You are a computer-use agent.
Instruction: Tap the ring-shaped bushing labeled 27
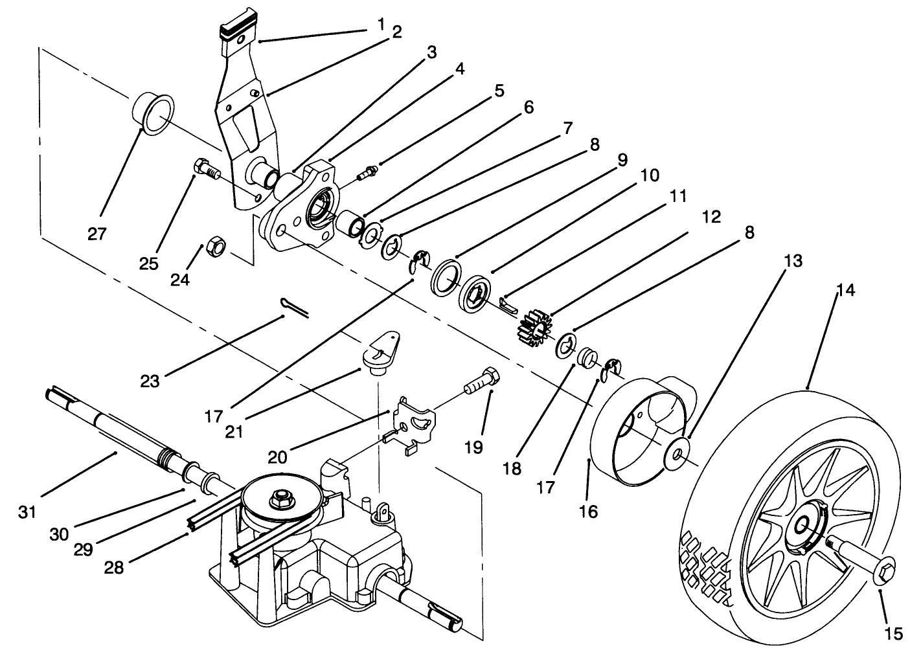154,115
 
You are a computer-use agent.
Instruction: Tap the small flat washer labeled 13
676,451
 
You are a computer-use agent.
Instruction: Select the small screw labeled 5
367,172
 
